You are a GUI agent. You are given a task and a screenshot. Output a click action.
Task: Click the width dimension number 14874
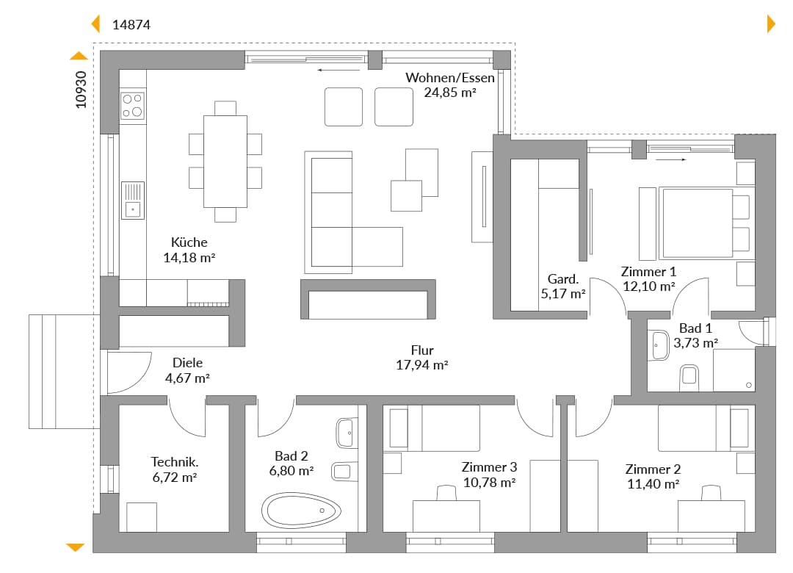pos(131,25)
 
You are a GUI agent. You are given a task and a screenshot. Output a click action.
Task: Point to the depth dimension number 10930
pos(81,90)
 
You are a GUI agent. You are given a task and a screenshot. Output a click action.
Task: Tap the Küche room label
pos(189,242)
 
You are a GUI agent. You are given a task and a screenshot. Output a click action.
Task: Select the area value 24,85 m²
pos(450,93)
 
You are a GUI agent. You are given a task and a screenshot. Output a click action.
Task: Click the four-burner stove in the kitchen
pos(132,105)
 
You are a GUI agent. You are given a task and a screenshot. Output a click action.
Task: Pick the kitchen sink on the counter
pos(132,201)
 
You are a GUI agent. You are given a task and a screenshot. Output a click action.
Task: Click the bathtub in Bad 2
pos(301,511)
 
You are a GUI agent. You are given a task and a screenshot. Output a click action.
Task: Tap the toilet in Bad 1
pos(689,376)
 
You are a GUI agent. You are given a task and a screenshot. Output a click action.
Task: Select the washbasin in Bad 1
pos(660,345)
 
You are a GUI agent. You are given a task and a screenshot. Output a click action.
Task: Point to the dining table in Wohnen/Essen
pos(225,162)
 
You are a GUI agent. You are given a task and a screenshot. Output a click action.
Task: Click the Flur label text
pos(422,350)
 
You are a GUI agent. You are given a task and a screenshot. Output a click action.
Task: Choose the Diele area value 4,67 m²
pos(188,378)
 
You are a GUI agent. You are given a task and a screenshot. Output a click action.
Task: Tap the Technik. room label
pos(175,461)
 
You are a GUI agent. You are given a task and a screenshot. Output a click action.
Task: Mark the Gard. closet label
pos(563,279)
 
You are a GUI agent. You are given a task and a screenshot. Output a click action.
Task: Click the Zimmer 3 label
pos(489,467)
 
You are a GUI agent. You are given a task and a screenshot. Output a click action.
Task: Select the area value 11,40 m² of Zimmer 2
pos(653,484)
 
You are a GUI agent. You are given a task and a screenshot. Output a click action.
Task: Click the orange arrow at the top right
pos(771,24)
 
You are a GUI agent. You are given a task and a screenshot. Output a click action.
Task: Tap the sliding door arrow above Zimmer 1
pos(671,159)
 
